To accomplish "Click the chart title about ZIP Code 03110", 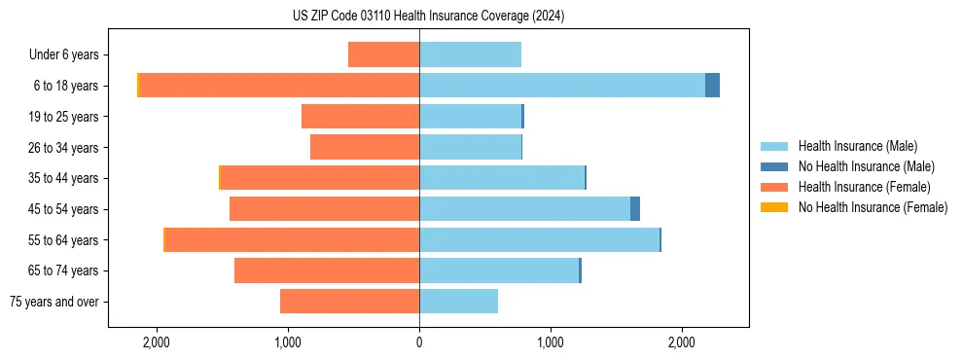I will click(428, 17).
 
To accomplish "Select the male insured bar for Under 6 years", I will click(470, 54).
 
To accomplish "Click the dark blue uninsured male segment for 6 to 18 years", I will click(712, 86).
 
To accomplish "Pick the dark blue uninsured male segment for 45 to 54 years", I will click(635, 209).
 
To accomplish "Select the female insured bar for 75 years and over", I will click(349, 302).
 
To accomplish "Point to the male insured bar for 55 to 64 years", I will click(539, 240).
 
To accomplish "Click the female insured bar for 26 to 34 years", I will click(365, 147).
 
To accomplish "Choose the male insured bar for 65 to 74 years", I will click(499, 270).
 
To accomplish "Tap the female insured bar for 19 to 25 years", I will click(360, 117).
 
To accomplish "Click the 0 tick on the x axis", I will click(419, 342).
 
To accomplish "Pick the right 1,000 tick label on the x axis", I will click(551, 342).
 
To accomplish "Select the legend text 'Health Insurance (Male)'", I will click(857, 146).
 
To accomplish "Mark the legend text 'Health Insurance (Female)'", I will click(864, 187).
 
